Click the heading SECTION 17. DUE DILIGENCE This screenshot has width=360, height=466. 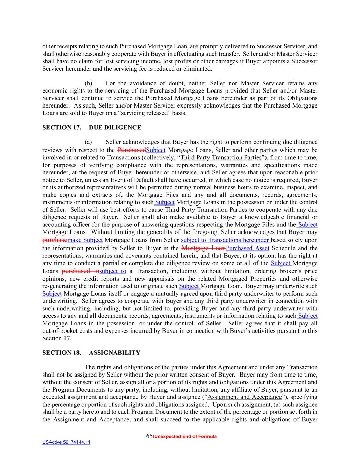coord(91,128)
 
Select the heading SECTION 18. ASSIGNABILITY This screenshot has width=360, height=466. coord(91,353)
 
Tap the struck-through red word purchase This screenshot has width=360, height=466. coord(55,240)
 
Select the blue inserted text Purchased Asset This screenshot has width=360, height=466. coord(247,248)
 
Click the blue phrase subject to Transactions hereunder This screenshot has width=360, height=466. coord(225,240)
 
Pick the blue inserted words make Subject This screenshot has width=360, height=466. coord(85,240)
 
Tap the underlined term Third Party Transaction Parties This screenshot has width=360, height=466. coord(220,157)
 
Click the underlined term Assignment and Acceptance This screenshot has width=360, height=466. coord(244,397)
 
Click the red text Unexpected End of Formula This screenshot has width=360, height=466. coord(186,437)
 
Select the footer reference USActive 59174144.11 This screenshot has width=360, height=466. coord(66,443)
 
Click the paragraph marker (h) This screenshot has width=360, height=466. coord(88,83)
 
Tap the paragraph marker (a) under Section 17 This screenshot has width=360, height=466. coord(88,142)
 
